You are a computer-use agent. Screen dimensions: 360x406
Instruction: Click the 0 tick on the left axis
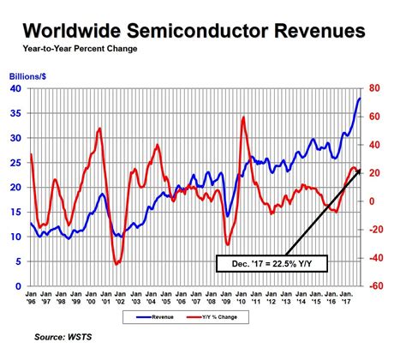pyautogui.click(x=19, y=286)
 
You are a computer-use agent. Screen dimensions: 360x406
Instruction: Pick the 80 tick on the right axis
pyautogui.click(x=374, y=88)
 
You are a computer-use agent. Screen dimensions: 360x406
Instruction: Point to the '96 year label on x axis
pyautogui.click(x=33, y=302)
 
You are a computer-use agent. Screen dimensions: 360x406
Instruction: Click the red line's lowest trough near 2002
pyautogui.click(x=116, y=264)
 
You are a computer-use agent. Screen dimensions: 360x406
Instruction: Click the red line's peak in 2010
pyautogui.click(x=244, y=117)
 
